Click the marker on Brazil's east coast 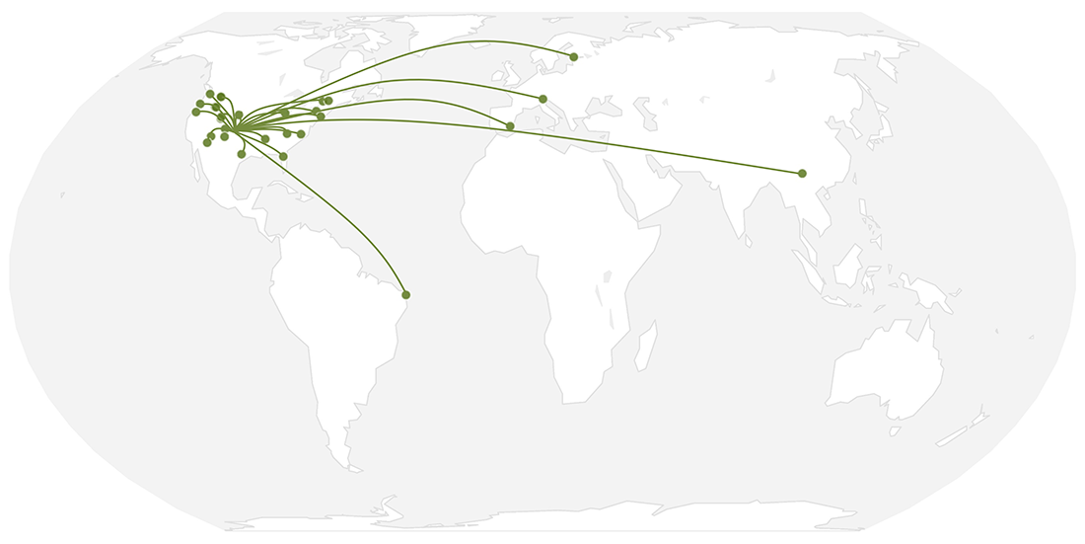tap(405, 294)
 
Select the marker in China tap(802, 173)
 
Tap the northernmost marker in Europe tap(573, 56)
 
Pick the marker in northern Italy tap(542, 99)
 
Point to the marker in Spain tap(509, 125)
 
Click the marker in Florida tap(283, 156)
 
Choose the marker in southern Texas tap(242, 154)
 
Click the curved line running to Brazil tap(335, 212)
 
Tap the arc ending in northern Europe tap(444, 44)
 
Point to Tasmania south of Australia tap(895, 430)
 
